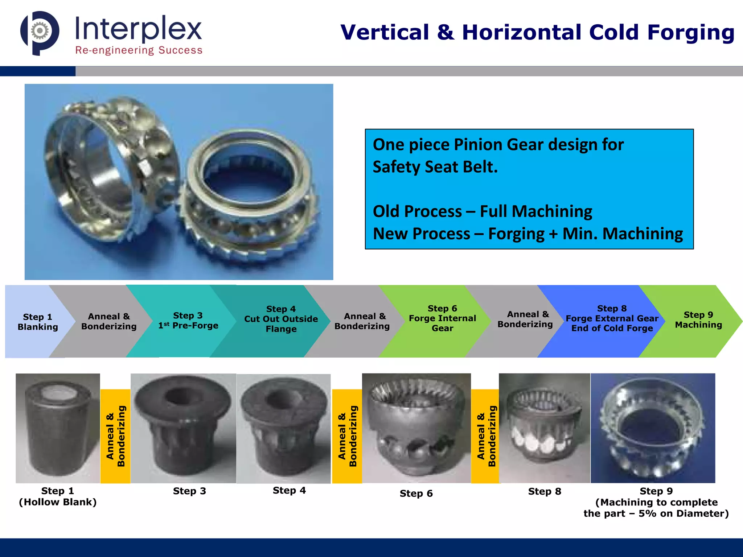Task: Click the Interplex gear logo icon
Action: (x=40, y=32)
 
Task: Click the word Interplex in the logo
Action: (x=138, y=29)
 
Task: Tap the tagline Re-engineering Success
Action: (x=139, y=50)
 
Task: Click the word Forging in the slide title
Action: (x=691, y=32)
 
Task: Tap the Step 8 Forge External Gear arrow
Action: (x=612, y=318)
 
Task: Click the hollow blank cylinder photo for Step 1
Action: (x=58, y=428)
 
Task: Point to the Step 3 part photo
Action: (x=183, y=428)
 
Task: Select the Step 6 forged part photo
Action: (x=416, y=428)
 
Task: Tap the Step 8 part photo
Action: (x=544, y=428)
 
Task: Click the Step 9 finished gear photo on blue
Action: (x=653, y=428)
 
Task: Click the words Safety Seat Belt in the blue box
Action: (x=435, y=167)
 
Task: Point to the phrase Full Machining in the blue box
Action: (x=536, y=211)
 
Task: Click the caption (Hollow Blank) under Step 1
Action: (x=58, y=502)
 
